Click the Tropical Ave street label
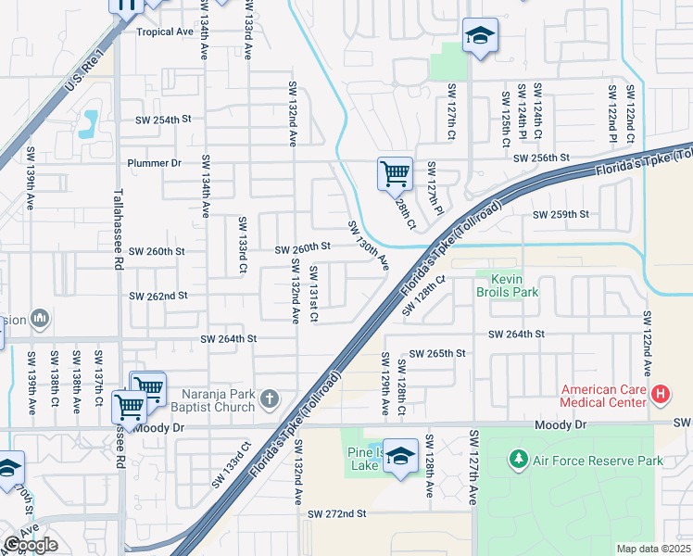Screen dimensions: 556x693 165,32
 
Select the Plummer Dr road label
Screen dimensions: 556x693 155,162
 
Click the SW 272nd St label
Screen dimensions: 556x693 338,513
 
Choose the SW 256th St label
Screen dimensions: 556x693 540,158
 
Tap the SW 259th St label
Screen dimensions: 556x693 561,214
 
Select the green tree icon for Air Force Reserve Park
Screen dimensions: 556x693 519,460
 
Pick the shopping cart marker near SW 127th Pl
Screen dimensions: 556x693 395,172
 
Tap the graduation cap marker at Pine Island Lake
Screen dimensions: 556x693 400,456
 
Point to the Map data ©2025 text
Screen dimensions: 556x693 654,549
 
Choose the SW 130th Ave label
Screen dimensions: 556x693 368,246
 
